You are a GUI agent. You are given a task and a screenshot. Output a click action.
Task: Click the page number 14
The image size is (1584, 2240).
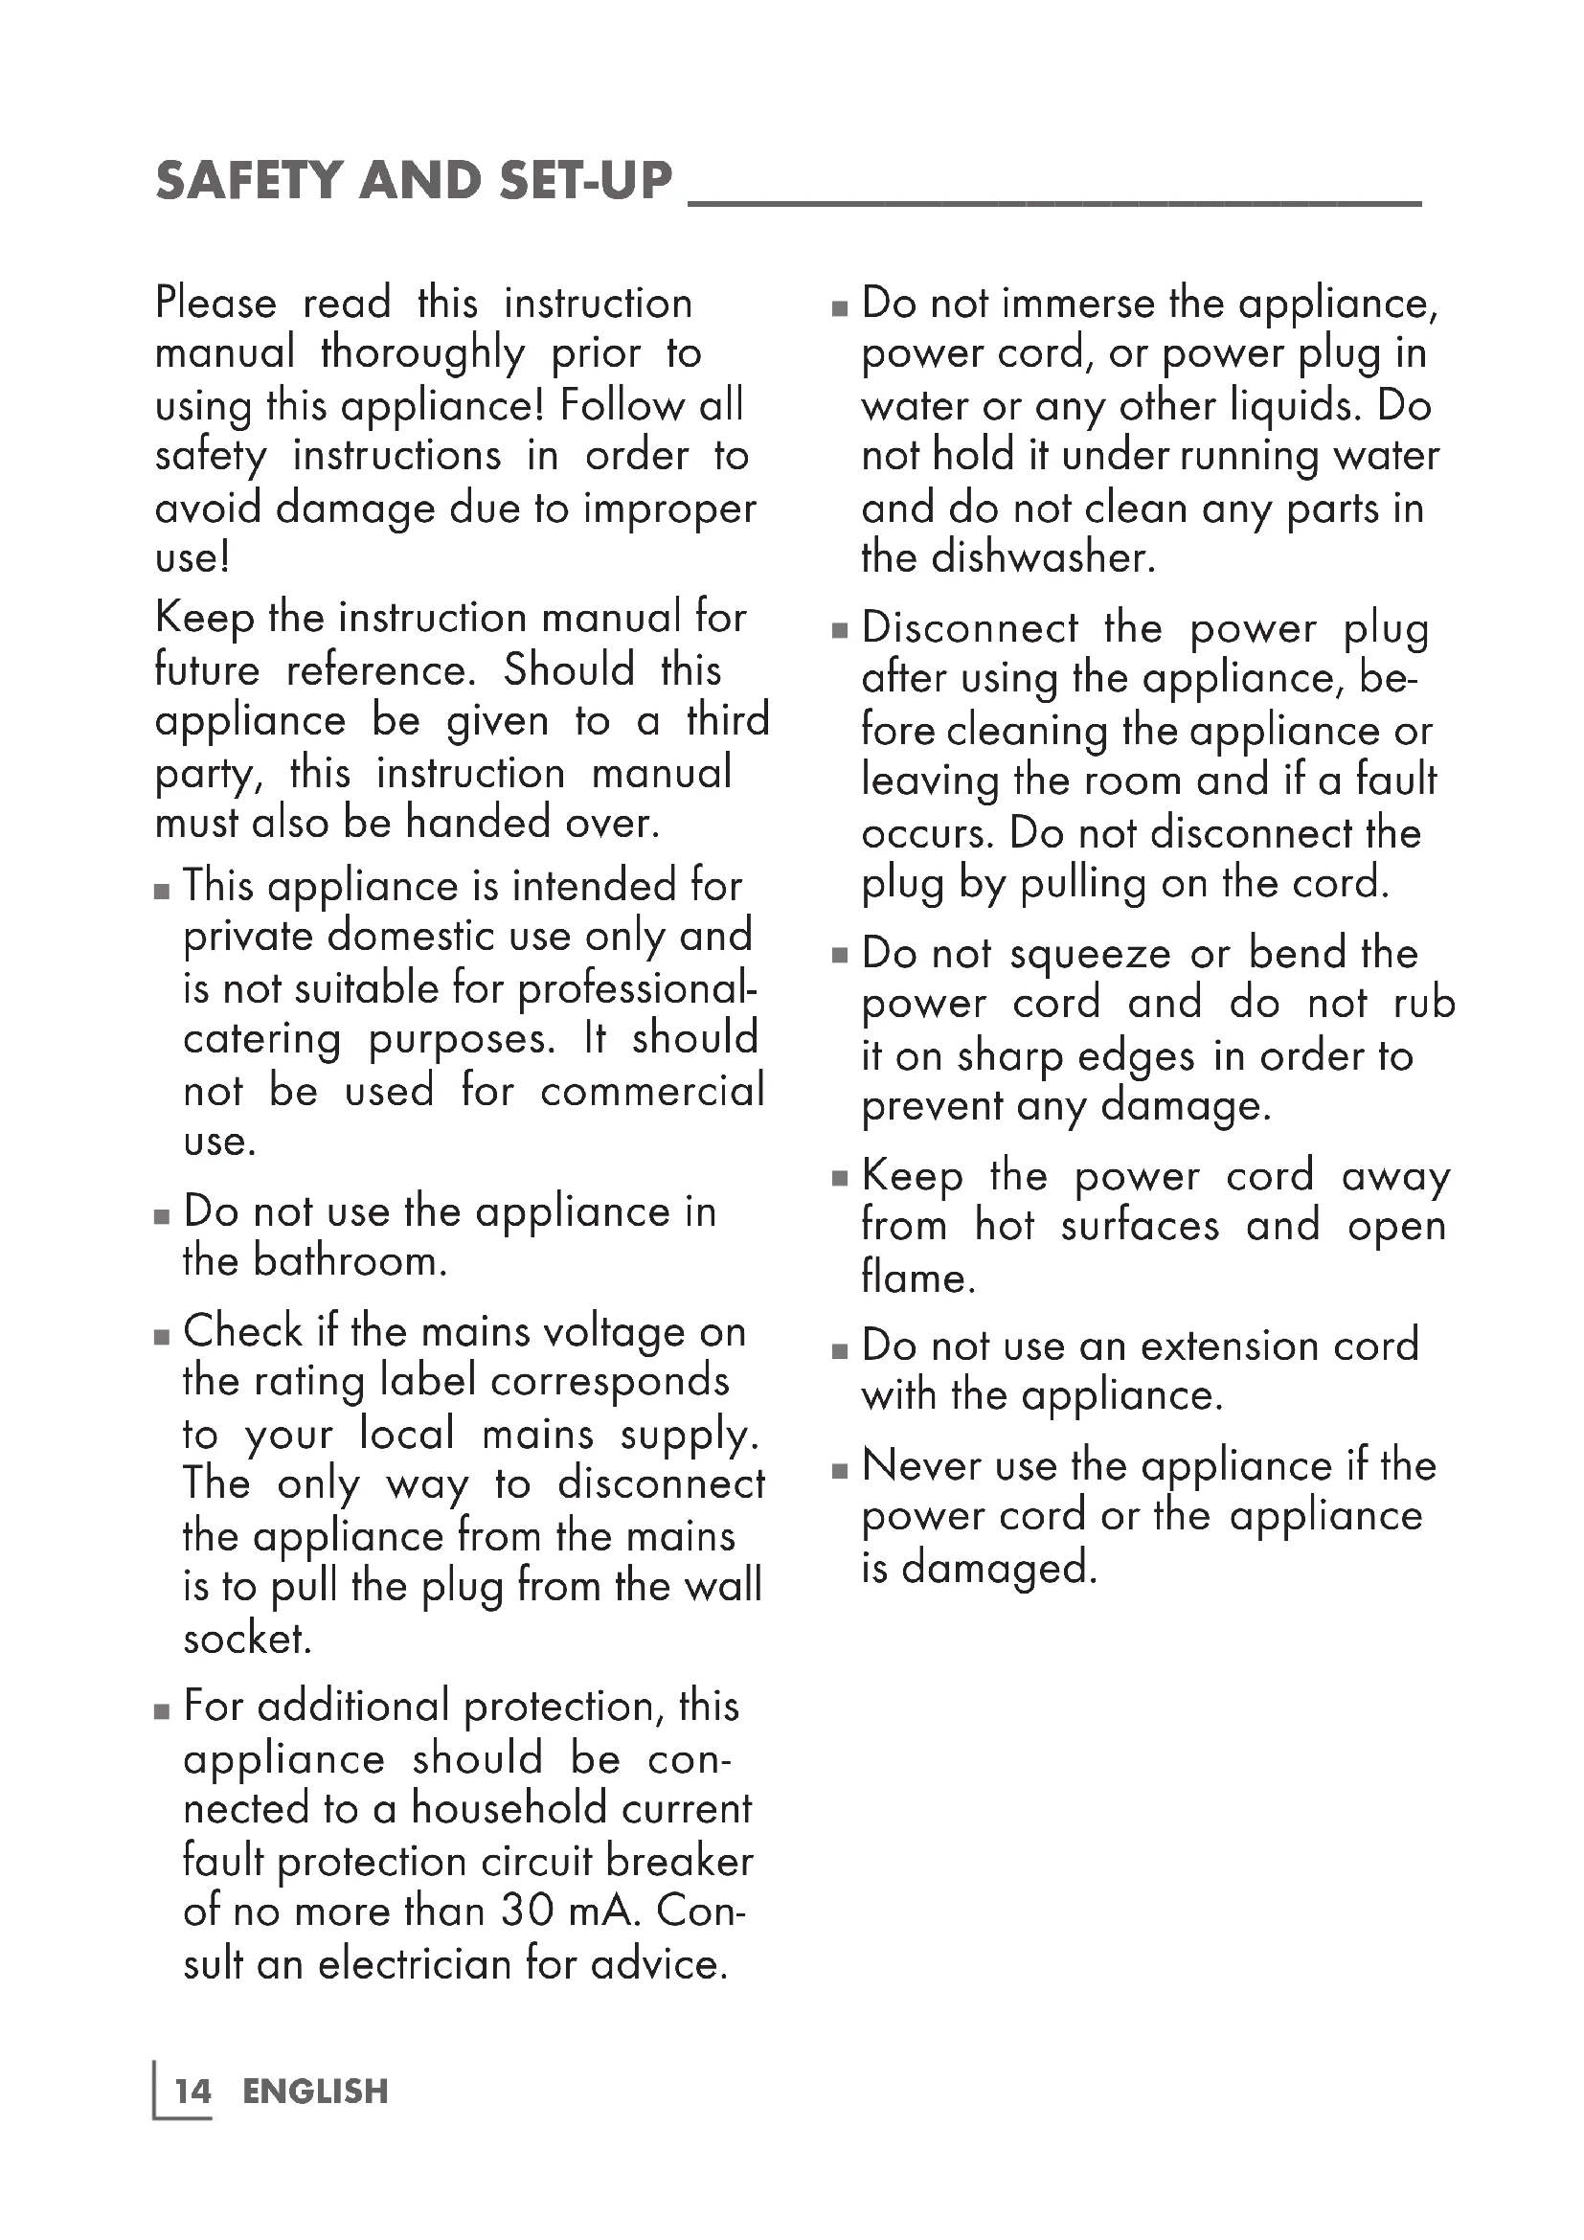tap(192, 2091)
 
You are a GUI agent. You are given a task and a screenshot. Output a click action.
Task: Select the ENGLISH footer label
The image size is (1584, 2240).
tap(315, 2091)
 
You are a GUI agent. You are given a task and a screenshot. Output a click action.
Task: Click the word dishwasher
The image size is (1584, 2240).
tap(1043, 557)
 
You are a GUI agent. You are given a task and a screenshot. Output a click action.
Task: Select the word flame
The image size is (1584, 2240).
tap(917, 1278)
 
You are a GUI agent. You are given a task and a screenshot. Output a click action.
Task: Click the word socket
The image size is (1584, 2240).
tap(247, 1638)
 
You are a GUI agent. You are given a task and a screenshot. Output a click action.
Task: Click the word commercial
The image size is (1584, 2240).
tap(652, 1091)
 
